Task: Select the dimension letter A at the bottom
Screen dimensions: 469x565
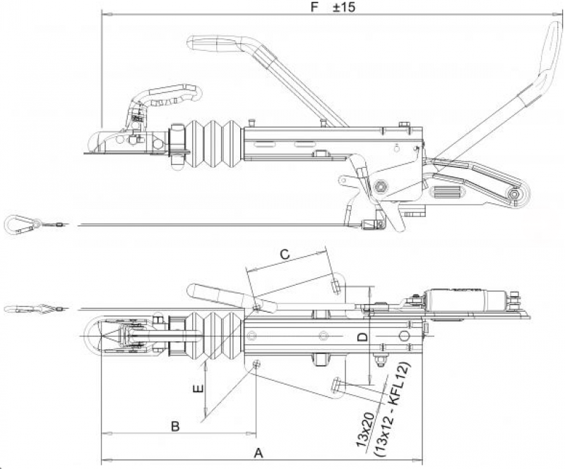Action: pos(258,453)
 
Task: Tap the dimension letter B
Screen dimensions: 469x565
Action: pos(176,425)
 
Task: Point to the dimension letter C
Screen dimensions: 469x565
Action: pos(284,253)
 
